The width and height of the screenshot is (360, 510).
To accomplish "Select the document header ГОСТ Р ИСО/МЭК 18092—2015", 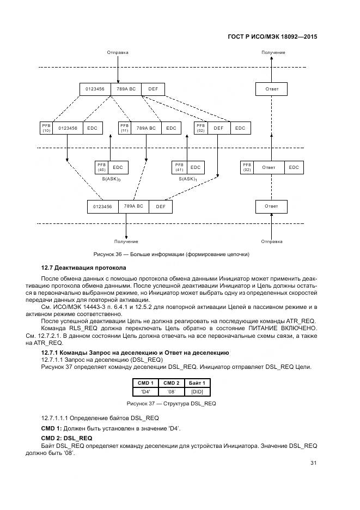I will tap(272, 37).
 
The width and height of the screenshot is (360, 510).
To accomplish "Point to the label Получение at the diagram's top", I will tap(273, 52).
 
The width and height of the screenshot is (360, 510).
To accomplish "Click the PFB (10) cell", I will tap(46, 128).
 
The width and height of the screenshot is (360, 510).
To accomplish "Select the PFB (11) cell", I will tap(124, 128).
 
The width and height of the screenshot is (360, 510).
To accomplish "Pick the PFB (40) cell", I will tap(101, 167).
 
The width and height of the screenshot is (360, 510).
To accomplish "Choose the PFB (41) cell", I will tap(179, 167).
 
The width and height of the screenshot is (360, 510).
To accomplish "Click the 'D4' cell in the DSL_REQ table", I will tap(145, 391).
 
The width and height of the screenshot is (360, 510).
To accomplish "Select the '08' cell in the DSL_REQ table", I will tap(171, 391).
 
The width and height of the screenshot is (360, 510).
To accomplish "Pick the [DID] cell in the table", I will tap(197, 391).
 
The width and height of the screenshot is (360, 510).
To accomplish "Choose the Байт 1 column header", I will tap(197, 383).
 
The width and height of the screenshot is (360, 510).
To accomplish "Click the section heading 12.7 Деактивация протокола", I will tap(84, 268).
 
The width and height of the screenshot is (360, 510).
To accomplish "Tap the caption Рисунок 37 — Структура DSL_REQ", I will tap(171, 403).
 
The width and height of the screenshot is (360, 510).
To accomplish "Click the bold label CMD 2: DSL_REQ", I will tap(67, 438).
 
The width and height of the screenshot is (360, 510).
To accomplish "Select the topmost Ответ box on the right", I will tap(271, 89).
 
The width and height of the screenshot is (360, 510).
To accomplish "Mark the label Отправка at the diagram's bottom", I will tap(271, 241).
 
